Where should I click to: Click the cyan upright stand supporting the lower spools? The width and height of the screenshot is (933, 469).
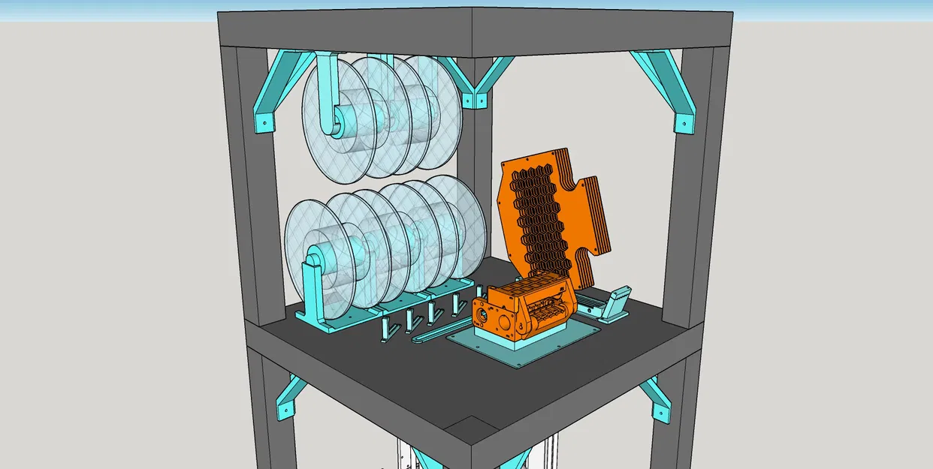tap(311, 289)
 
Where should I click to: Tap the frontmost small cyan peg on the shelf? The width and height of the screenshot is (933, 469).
tap(385, 330)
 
